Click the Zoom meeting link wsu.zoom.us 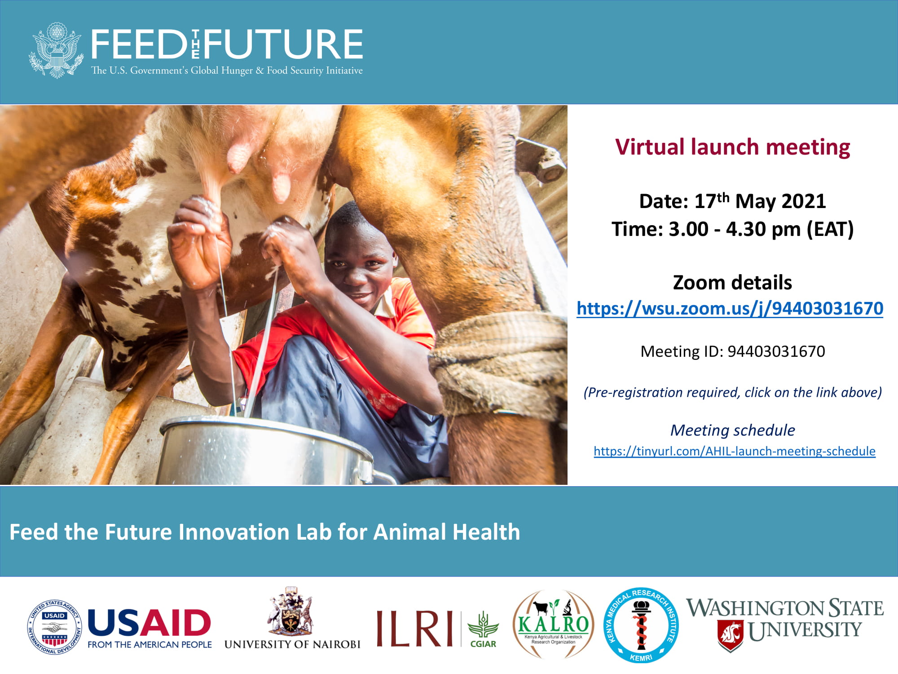pyautogui.click(x=730, y=309)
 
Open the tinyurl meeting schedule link pyautogui.click(x=735, y=451)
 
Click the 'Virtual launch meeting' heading pyautogui.click(x=732, y=147)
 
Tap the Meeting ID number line pyautogui.click(x=732, y=351)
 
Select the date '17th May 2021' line pyautogui.click(x=732, y=201)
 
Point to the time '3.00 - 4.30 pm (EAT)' pyautogui.click(x=732, y=229)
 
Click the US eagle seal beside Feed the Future pyautogui.click(x=57, y=50)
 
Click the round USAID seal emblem pyautogui.click(x=55, y=627)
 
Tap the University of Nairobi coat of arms pyautogui.click(x=291, y=611)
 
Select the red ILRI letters pyautogui.click(x=414, y=629)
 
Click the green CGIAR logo pyautogui.click(x=483, y=629)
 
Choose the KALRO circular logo pyautogui.click(x=553, y=625)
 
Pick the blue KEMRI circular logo pyautogui.click(x=641, y=625)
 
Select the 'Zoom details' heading pyautogui.click(x=732, y=283)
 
